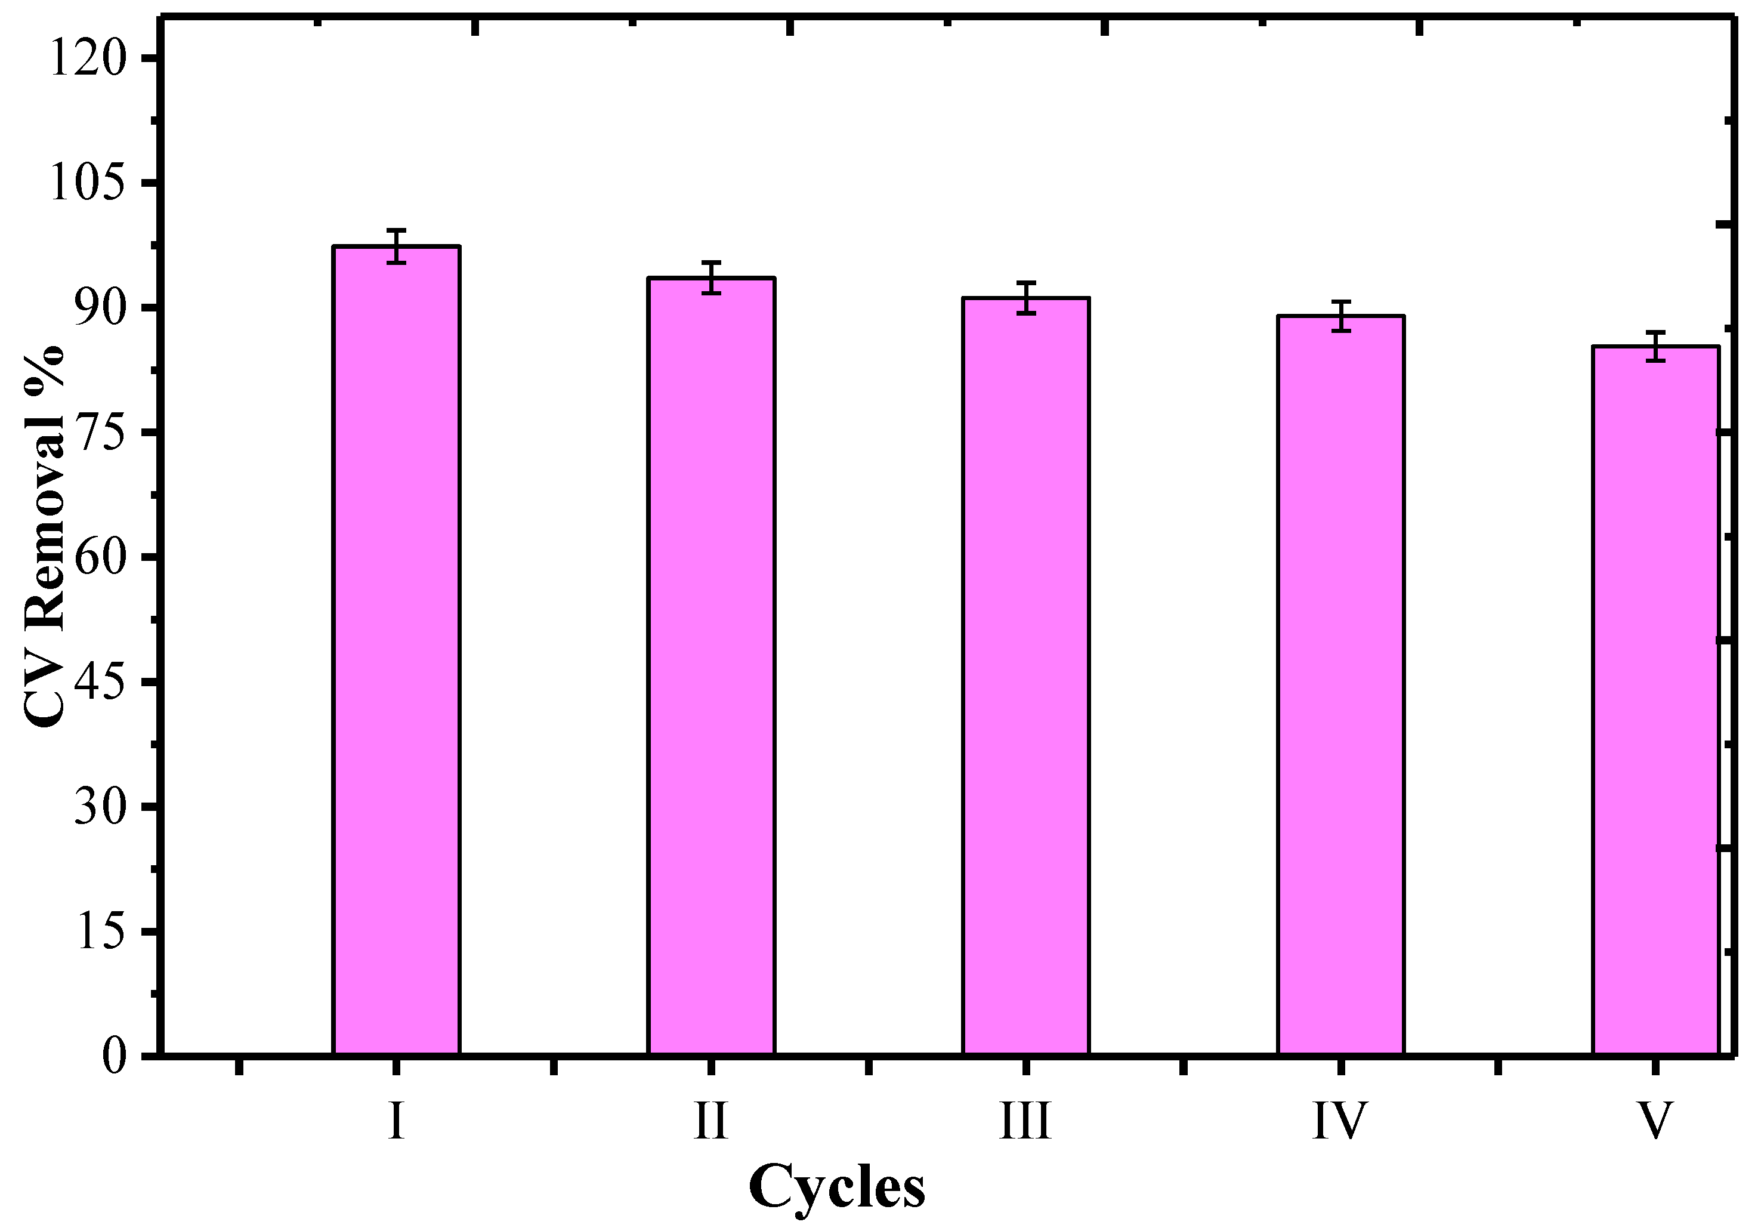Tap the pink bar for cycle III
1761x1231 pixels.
tap(1025, 675)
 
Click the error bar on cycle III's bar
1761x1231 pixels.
tap(1025, 298)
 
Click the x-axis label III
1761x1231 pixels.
tap(1025, 1121)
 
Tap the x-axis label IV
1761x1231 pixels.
tap(1340, 1121)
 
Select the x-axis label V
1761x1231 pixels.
tap(1655, 1121)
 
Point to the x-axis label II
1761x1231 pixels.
tap(711, 1121)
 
